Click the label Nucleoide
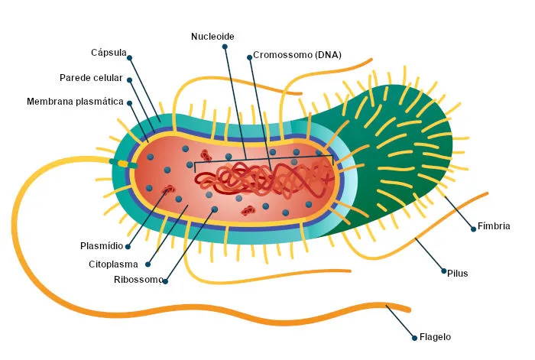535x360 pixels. pyautogui.click(x=212, y=37)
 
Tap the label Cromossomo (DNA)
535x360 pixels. pyautogui.click(x=297, y=55)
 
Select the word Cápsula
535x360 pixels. pyautogui.click(x=109, y=53)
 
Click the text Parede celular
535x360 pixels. pyautogui.click(x=91, y=78)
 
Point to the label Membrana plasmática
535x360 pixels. pyautogui.click(x=75, y=102)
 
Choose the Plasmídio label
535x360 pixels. pyautogui.click(x=102, y=245)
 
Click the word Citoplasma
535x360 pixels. pyautogui.click(x=113, y=264)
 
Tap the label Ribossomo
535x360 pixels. pyautogui.click(x=138, y=280)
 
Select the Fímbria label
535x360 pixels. pyautogui.click(x=494, y=226)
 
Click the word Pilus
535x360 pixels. pyautogui.click(x=458, y=274)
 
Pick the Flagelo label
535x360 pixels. pyautogui.click(x=435, y=337)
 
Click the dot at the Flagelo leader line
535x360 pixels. pyautogui.click(x=414, y=338)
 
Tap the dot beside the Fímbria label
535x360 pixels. pyautogui.click(x=473, y=229)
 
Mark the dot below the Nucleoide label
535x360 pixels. pyautogui.click(x=225, y=47)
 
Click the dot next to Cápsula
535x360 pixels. pyautogui.click(x=130, y=57)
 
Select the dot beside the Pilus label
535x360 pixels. pyautogui.click(x=443, y=271)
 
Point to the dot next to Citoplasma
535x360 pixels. pyautogui.click(x=148, y=264)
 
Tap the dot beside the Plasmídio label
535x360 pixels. pyautogui.click(x=128, y=246)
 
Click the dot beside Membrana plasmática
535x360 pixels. pyautogui.click(x=129, y=102)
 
